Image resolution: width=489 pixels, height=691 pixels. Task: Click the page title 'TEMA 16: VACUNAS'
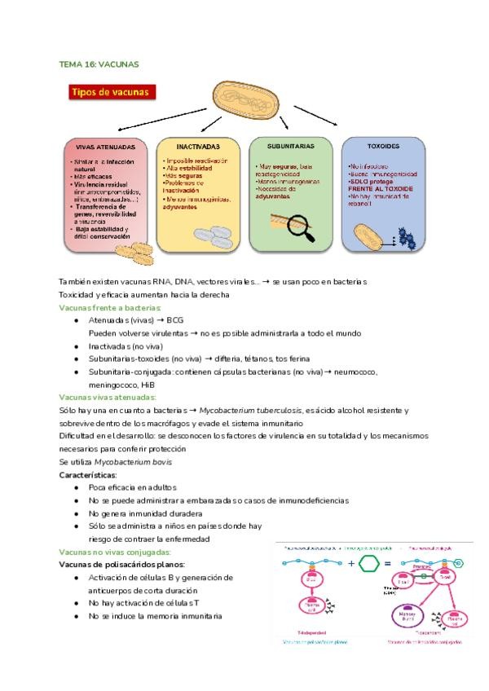[99, 63]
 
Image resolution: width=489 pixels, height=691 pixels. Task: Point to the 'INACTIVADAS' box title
[197, 146]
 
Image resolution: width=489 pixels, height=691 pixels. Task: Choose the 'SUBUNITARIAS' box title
[290, 146]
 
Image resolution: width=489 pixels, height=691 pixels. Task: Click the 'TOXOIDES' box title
[382, 147]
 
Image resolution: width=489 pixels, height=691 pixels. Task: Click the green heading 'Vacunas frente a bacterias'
[110, 307]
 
